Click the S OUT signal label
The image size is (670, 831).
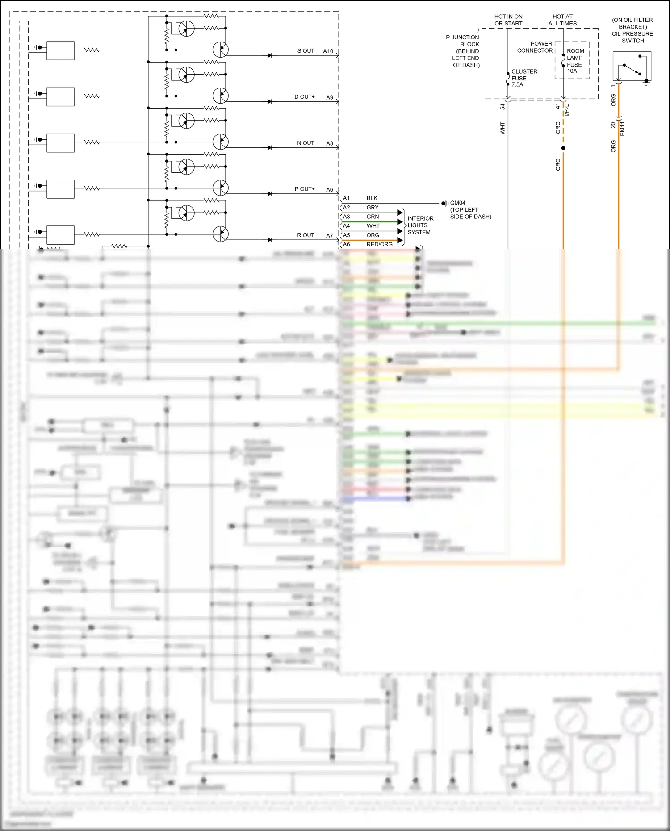coord(306,51)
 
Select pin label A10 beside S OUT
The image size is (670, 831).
coord(328,51)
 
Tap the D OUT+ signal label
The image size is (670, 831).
coord(304,97)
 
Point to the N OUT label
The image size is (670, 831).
coord(306,143)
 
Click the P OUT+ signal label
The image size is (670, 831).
coord(304,189)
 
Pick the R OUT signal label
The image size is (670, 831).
coord(306,235)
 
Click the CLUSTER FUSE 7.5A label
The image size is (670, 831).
coord(524,78)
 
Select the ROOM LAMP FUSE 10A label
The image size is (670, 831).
coord(575,61)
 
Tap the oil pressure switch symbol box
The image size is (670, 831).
coord(632,66)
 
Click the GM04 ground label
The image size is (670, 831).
coord(457,203)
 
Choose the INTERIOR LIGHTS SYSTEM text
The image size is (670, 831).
coord(420,225)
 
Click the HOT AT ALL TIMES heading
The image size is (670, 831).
coord(562,20)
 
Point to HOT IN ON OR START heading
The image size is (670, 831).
coord(508,20)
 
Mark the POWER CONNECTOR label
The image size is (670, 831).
coord(535,47)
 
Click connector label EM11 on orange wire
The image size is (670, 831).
coord(622,128)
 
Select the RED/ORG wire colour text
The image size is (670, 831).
coord(379,244)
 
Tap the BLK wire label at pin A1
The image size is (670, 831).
coord(372,198)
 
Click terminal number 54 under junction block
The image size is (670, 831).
coord(502,107)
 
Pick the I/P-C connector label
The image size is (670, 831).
coord(567,110)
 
